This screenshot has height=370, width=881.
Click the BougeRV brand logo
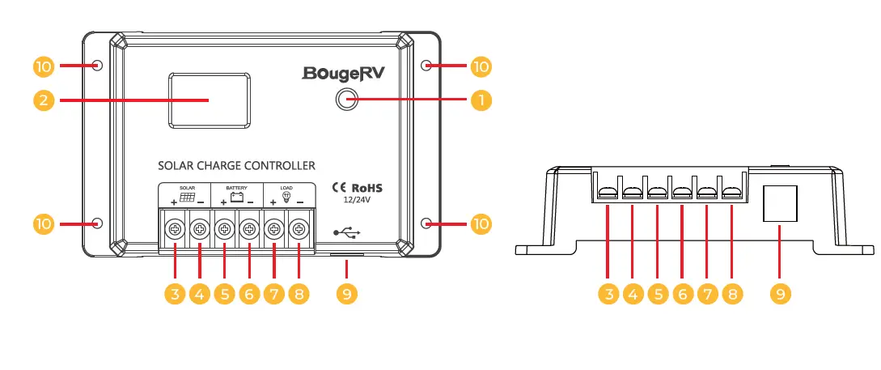(x=344, y=74)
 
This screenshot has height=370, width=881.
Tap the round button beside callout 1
(x=347, y=100)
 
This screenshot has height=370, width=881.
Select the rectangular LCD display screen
(x=210, y=100)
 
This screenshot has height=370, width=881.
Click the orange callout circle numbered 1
(x=481, y=100)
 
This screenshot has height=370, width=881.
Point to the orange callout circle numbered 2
(x=45, y=100)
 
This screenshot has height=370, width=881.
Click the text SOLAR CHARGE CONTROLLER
(x=236, y=166)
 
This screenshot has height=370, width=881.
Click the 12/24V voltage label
(x=356, y=199)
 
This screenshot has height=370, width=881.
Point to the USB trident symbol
(x=346, y=233)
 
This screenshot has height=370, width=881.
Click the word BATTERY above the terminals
(x=236, y=187)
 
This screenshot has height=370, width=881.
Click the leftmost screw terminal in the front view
(x=175, y=230)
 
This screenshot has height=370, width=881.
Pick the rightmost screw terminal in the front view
(x=299, y=230)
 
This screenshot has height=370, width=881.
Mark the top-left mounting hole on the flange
(x=98, y=65)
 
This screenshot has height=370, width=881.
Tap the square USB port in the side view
(x=781, y=203)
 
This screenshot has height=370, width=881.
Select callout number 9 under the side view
(x=781, y=294)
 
